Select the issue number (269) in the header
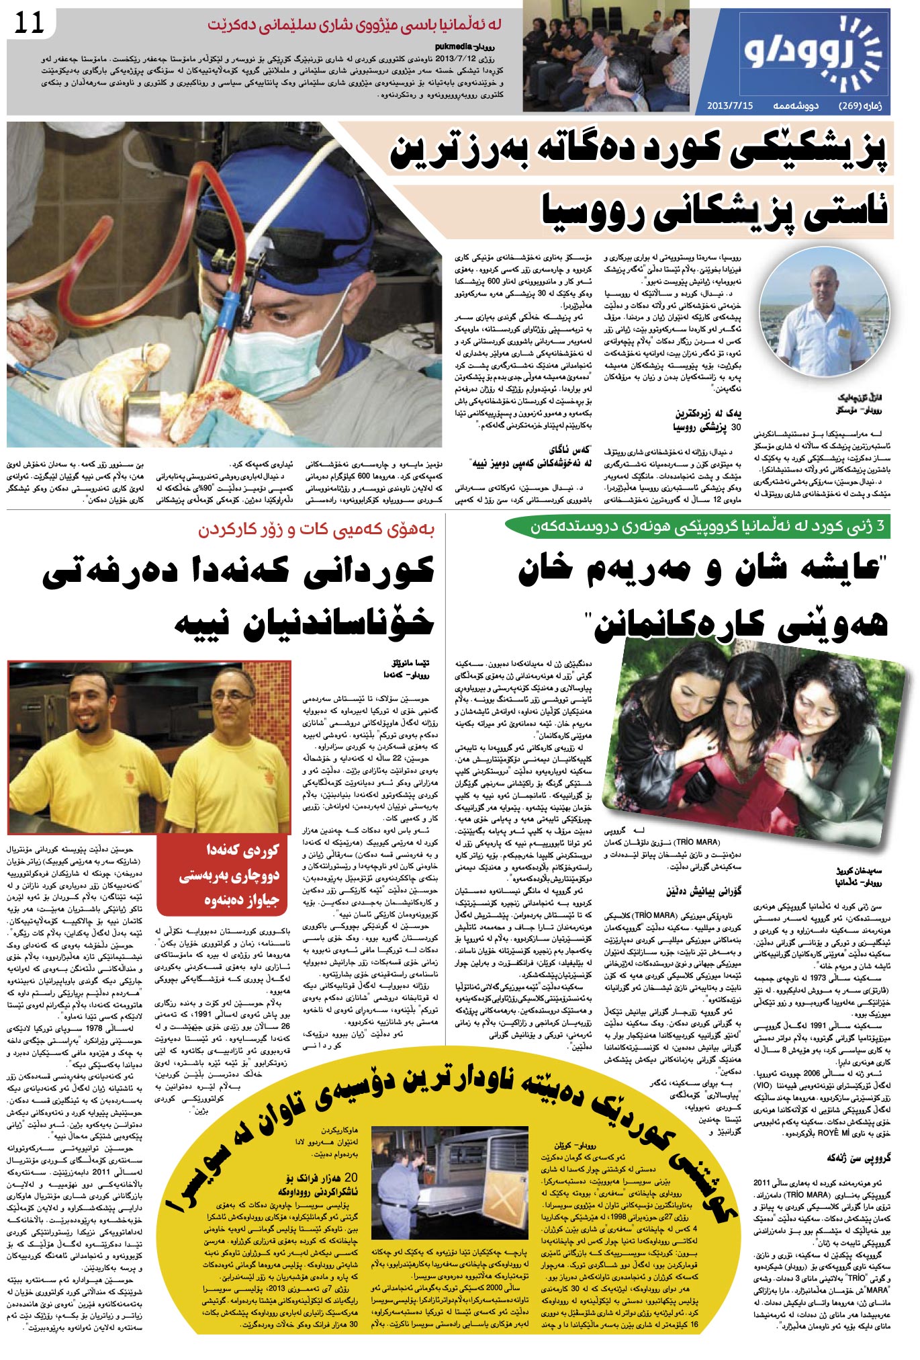(x=850, y=105)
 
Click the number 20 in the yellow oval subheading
(x=350, y=1196)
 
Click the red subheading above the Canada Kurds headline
(x=316, y=530)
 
